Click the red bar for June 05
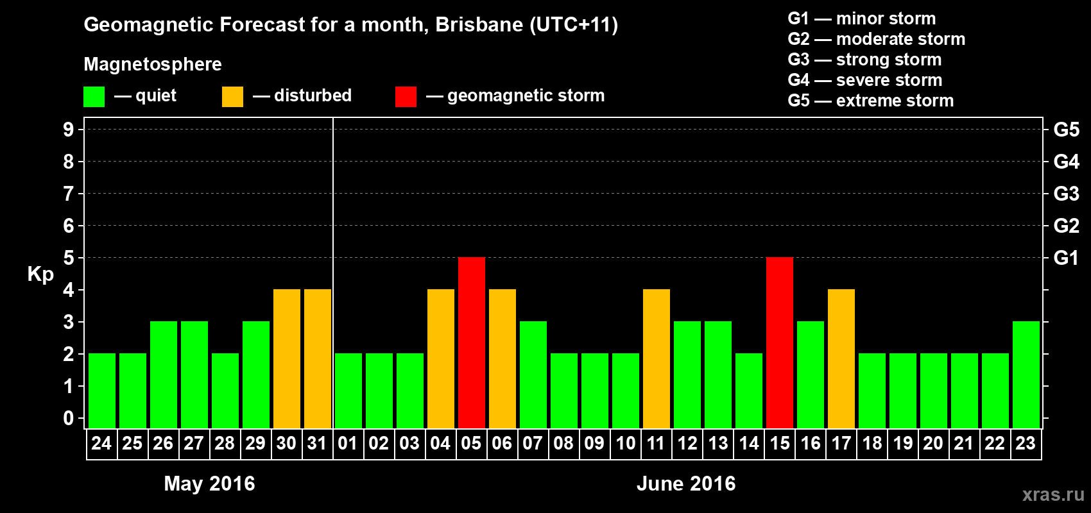(x=472, y=342)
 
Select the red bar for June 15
(x=780, y=342)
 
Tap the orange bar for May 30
(x=287, y=358)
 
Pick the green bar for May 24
(x=102, y=391)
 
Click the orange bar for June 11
(x=657, y=358)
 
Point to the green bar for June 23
(x=1026, y=374)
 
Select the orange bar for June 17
(x=841, y=358)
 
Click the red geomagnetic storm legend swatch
(x=406, y=97)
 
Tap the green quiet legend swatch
(x=94, y=97)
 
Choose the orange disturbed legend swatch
(x=232, y=97)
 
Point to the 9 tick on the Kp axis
(x=69, y=130)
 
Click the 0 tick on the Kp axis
(x=69, y=418)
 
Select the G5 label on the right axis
(x=1066, y=130)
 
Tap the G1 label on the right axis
(x=1066, y=258)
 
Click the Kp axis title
(x=40, y=274)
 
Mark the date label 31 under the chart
(x=317, y=443)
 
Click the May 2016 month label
(x=209, y=484)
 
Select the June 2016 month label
(x=686, y=484)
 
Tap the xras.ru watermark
(x=1053, y=494)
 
